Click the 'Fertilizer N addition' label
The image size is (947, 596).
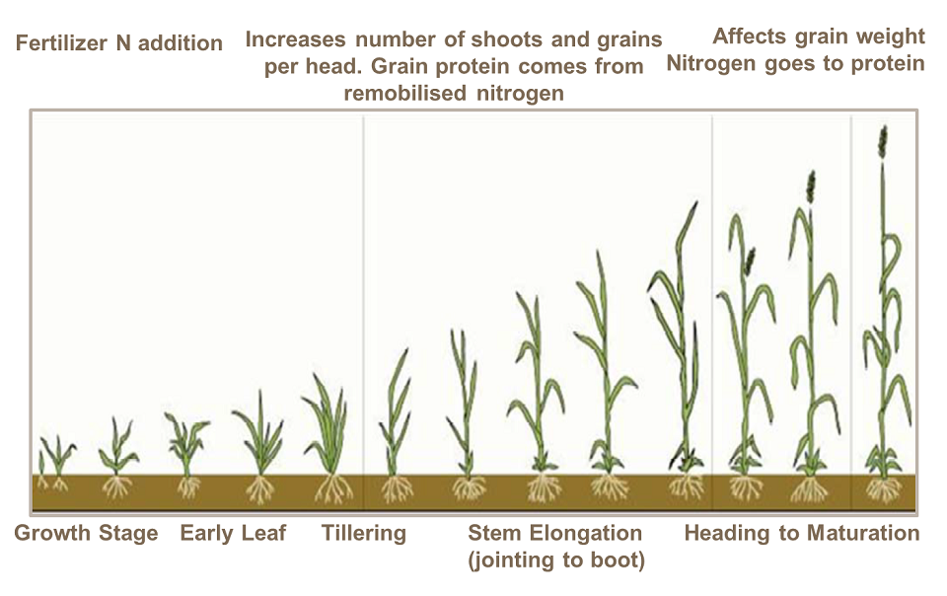coord(118,43)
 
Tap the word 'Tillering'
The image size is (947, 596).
coord(363,534)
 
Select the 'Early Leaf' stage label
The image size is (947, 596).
coord(233,534)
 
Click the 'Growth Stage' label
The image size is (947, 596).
coord(86,534)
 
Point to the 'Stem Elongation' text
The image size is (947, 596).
coord(554,534)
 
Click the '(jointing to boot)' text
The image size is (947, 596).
coord(556,560)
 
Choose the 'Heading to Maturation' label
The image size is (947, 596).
coord(802,534)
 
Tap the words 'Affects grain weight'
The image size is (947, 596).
coord(819,37)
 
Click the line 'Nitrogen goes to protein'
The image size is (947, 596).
coord(796,63)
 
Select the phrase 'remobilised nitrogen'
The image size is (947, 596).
coord(454,94)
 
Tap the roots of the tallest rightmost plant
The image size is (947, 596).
coord(883,488)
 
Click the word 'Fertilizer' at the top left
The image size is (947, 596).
coord(55,43)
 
